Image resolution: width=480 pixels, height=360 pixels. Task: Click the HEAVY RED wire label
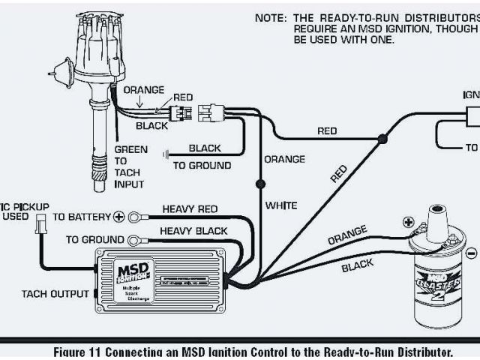[x=190, y=209]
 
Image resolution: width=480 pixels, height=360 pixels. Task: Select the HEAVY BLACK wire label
[x=193, y=231]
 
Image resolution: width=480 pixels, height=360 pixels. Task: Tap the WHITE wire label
[x=281, y=205]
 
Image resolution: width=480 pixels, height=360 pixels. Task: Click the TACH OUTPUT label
[x=55, y=294]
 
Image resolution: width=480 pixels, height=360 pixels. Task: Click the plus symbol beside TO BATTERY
[x=118, y=217]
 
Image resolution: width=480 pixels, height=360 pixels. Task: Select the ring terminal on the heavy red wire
[x=137, y=217]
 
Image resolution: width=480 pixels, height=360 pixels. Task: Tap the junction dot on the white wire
[x=259, y=183]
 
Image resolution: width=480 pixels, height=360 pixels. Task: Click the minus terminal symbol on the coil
[x=472, y=252]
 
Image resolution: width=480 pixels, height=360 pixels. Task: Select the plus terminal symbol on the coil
[x=409, y=222]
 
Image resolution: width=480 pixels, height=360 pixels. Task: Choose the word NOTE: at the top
[x=270, y=17]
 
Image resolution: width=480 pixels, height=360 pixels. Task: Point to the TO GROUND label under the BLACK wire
[x=202, y=165]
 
